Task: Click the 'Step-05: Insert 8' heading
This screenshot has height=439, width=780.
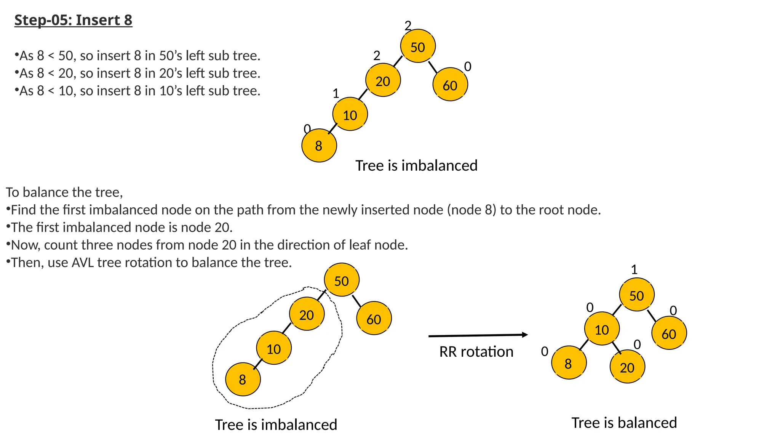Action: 73,20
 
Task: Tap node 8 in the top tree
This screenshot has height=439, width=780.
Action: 319,146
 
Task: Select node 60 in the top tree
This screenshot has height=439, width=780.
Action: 450,85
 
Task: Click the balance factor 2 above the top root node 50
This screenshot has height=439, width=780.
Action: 408,26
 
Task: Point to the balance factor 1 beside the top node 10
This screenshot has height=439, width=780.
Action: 336,93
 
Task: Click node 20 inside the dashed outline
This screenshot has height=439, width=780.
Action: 307,314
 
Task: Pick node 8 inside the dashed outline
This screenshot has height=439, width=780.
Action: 243,379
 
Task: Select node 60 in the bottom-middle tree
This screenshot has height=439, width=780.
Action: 374,319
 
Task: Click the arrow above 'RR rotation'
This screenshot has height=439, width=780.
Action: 478,335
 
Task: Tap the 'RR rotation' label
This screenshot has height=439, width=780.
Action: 476,352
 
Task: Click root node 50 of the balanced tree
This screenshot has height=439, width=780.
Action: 637,295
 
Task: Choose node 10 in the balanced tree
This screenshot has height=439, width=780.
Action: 602,329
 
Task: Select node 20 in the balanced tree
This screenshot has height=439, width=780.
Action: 627,367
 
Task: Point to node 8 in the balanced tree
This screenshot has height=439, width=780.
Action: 569,363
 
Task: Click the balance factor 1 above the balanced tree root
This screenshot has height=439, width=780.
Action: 634,270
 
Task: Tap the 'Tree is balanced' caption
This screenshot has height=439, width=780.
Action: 624,423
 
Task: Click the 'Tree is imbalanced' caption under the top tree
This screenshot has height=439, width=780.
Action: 416,166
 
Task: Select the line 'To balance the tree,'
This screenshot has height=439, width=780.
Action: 64,192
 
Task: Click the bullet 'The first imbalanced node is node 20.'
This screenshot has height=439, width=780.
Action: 121,228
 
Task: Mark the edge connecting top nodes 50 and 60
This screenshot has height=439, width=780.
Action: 433,67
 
